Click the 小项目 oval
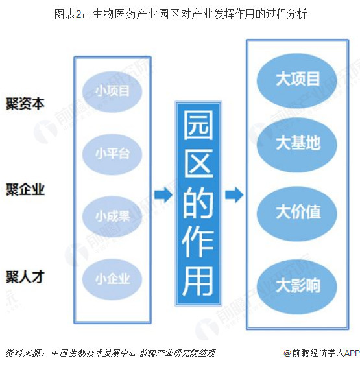[x=112, y=91]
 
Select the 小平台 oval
[x=112, y=154]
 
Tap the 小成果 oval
[x=112, y=217]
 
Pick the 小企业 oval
[x=112, y=279]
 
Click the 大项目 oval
[x=297, y=80]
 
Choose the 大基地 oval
[x=297, y=145]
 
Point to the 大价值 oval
[x=297, y=213]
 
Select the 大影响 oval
[x=297, y=287]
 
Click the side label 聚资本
[x=25, y=104]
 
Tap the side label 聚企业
[x=25, y=190]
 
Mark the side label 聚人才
[x=25, y=277]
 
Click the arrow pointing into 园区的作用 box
[x=163, y=194]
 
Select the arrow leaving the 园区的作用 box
[x=234, y=194]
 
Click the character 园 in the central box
[x=198, y=125]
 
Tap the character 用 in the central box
[x=198, y=281]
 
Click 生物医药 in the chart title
[x=114, y=14]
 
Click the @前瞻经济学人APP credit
[x=322, y=353]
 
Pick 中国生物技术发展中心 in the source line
[x=93, y=353]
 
